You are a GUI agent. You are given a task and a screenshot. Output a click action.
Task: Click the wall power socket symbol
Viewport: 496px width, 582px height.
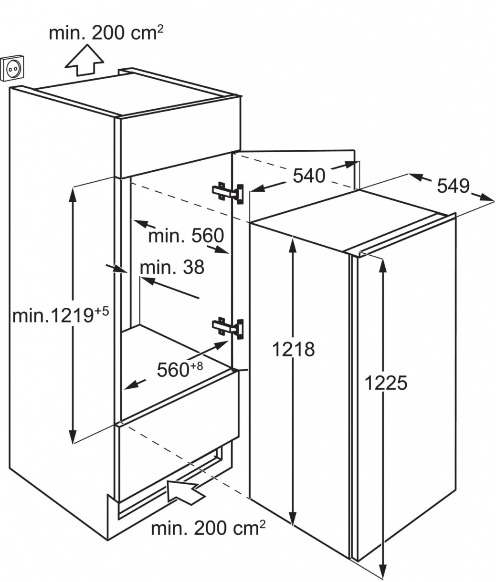12,70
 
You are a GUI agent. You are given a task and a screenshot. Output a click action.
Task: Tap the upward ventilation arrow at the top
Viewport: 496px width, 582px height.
84,60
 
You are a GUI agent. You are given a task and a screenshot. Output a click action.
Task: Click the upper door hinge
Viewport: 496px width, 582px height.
228,193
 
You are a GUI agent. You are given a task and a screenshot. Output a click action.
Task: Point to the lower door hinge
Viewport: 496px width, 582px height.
228,328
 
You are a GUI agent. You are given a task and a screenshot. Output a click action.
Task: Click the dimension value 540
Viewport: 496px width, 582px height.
309,176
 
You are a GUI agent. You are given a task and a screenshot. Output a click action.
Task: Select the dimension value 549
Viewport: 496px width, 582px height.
454,186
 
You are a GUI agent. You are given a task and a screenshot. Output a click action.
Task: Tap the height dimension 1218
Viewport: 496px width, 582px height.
293,349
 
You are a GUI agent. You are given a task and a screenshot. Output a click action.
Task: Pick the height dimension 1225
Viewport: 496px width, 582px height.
386,383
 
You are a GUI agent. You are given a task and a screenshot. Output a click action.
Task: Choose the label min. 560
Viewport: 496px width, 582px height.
186,236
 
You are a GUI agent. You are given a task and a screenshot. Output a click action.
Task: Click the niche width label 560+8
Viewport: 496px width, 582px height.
179,369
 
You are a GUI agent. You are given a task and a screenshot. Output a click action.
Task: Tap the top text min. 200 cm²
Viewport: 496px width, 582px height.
106,33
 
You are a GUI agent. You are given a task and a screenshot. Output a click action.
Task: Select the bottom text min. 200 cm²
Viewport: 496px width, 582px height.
209,528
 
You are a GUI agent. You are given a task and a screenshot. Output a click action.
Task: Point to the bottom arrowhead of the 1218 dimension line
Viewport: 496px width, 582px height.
293,518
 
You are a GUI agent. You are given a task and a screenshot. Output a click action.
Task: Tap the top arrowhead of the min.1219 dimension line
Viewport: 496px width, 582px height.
73,194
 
